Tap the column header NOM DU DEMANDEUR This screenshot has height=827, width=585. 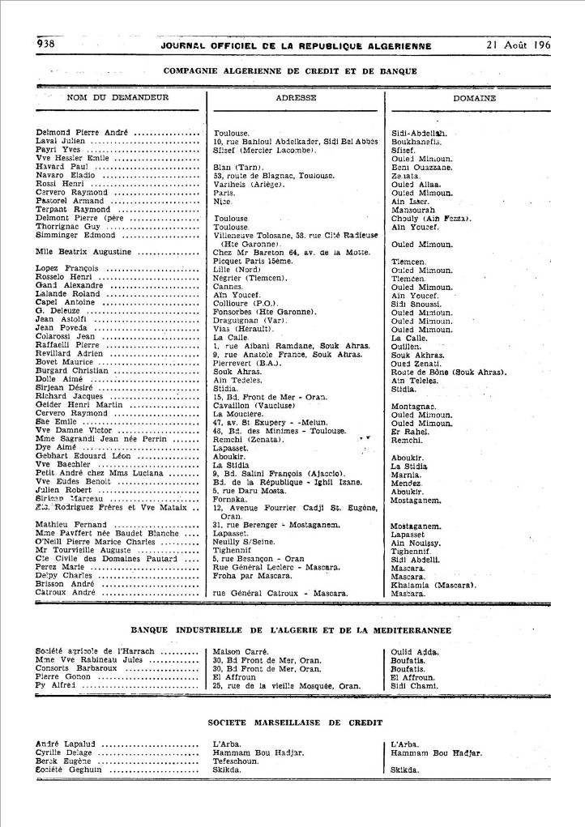click(106, 98)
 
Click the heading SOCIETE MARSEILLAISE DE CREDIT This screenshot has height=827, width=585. click(293, 721)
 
